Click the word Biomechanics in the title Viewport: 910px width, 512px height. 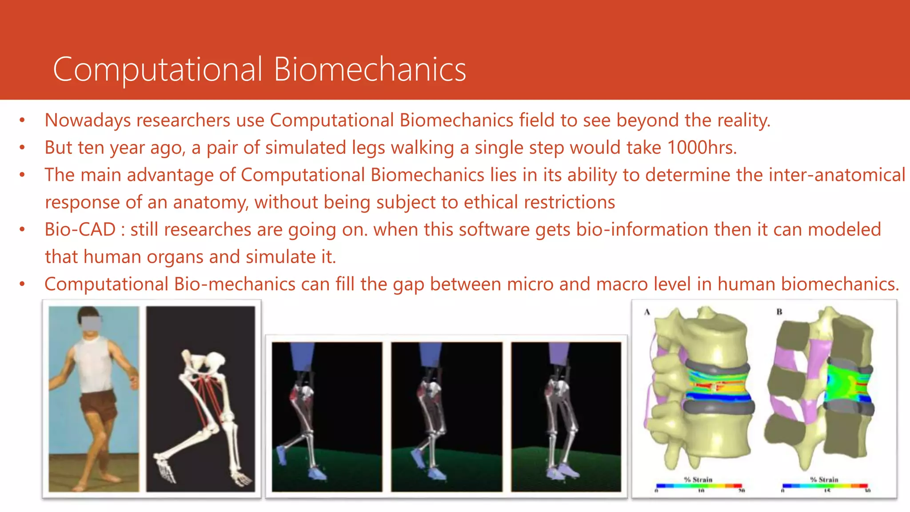pyautogui.click(x=370, y=70)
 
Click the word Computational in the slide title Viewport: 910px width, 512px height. pyautogui.click(x=158, y=70)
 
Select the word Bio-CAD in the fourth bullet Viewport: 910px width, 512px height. pyautogui.click(x=80, y=230)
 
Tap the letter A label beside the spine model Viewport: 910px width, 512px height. pyautogui.click(x=647, y=312)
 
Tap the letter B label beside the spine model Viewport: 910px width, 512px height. pyautogui.click(x=779, y=312)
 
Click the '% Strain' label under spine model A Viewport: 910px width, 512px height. pyautogui.click(x=698, y=480)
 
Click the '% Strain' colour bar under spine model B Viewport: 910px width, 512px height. pyautogui.click(x=825, y=486)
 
